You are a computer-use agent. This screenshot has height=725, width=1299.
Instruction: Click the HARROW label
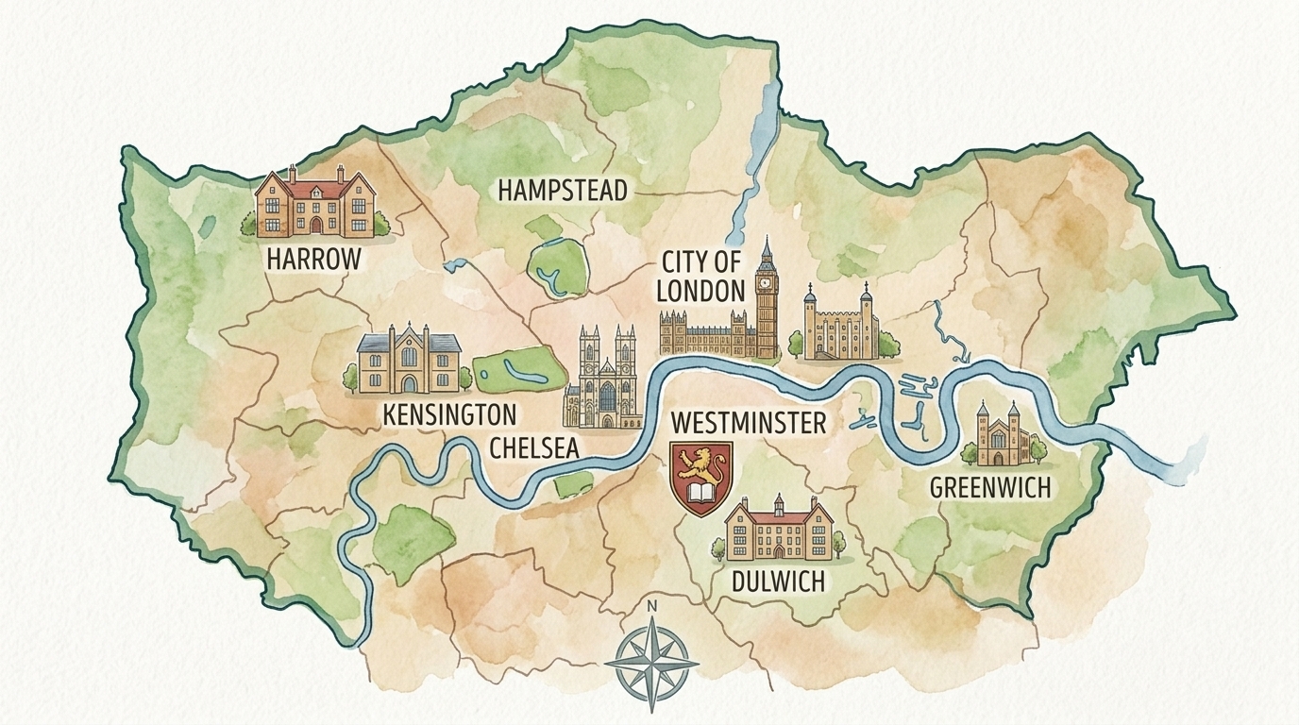[x=314, y=258]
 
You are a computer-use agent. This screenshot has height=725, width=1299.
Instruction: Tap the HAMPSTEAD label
[x=562, y=191]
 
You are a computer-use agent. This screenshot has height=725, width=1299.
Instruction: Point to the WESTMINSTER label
[x=748, y=423]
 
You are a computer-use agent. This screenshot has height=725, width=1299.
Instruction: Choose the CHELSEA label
[x=533, y=447]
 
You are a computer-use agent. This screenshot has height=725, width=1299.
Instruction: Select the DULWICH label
[x=778, y=581]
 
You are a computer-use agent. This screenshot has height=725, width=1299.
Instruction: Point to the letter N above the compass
[x=650, y=606]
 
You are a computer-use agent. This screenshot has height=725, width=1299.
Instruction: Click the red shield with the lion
[x=700, y=478]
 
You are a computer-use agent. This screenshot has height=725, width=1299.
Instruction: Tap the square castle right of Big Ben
[x=839, y=326]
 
